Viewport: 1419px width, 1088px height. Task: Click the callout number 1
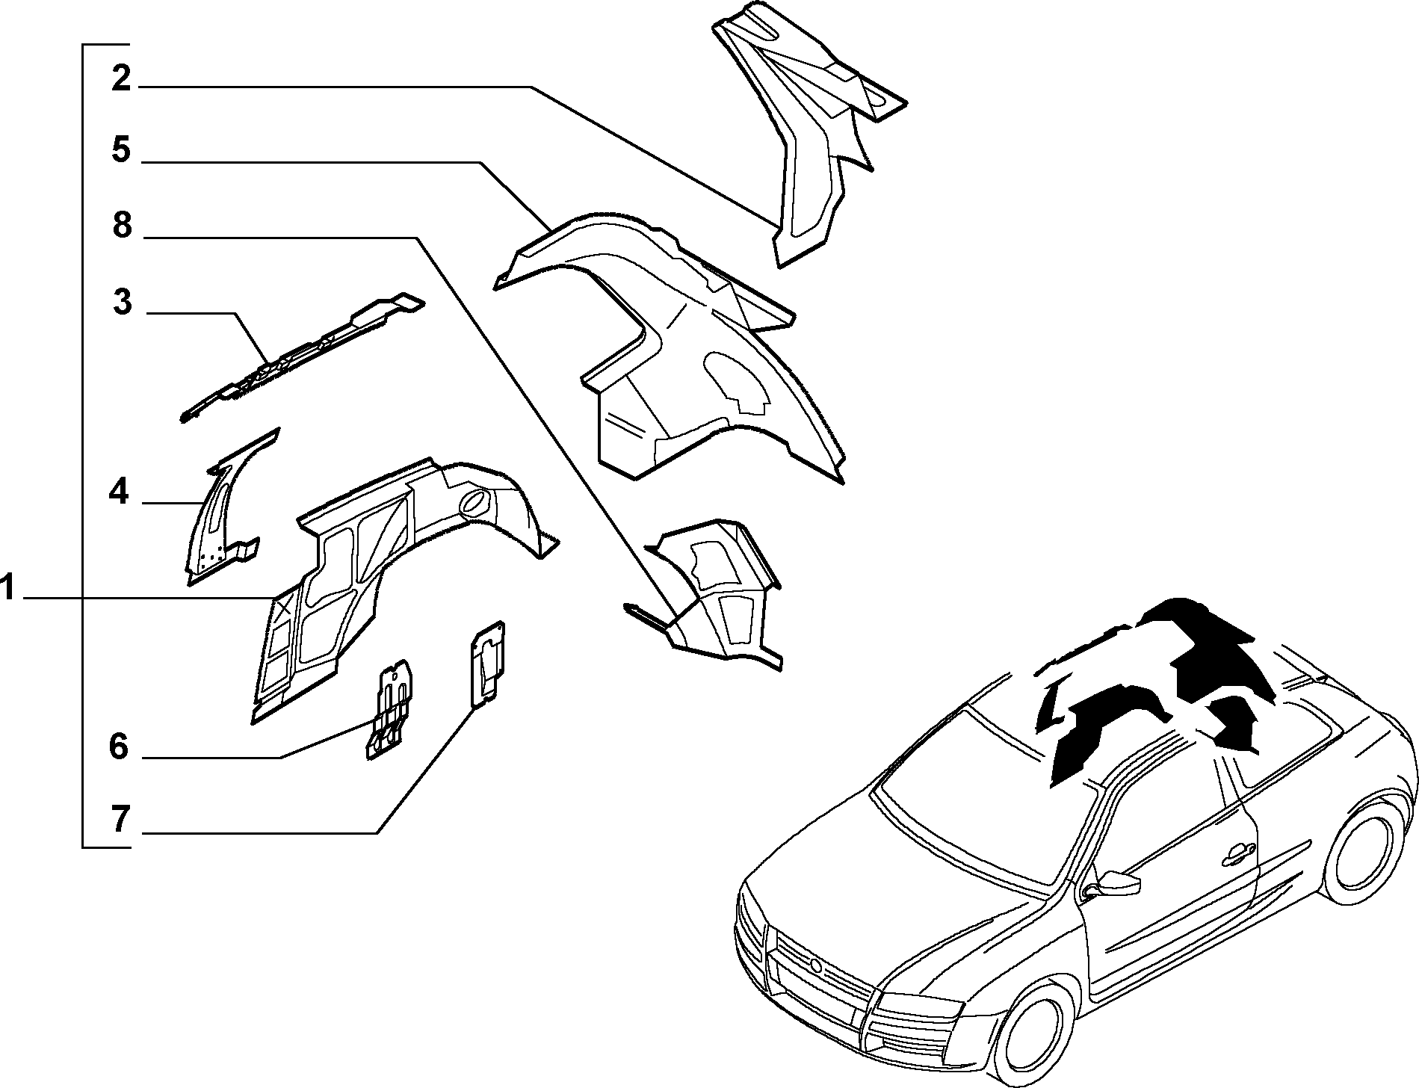tap(8, 589)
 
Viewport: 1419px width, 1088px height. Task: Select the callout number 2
tap(121, 78)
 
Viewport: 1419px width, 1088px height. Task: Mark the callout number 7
tap(121, 820)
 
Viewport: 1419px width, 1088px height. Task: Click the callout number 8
tap(122, 225)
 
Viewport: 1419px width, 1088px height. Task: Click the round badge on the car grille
tap(817, 967)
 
